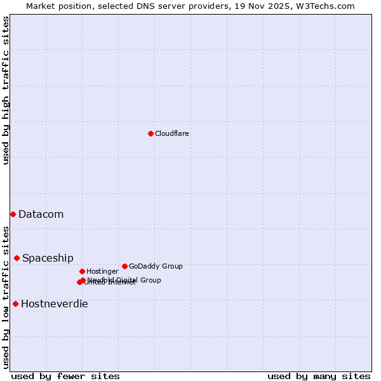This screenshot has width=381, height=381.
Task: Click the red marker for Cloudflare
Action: (x=150, y=133)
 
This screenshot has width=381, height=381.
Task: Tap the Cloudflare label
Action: (x=171, y=133)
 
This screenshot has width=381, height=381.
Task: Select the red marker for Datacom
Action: (x=13, y=214)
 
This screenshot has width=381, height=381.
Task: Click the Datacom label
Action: (x=41, y=214)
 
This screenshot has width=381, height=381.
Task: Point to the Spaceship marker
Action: (x=17, y=258)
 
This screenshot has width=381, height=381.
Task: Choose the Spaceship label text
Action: (x=48, y=258)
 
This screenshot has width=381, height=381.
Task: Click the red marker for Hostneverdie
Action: (x=15, y=304)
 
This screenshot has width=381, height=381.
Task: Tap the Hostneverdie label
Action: (x=54, y=304)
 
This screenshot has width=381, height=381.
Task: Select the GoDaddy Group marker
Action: (x=124, y=266)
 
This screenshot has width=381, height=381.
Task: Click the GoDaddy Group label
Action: (x=155, y=266)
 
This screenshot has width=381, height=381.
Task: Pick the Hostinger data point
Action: (x=82, y=271)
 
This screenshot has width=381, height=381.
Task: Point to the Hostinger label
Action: (x=102, y=271)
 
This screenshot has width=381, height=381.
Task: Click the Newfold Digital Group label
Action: (x=124, y=279)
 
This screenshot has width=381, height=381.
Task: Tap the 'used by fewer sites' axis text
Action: (x=65, y=376)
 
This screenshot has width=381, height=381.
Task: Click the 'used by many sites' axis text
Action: (x=319, y=376)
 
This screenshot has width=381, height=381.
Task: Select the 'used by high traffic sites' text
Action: (x=6, y=90)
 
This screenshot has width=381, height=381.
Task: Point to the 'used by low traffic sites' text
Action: (x=6, y=297)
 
